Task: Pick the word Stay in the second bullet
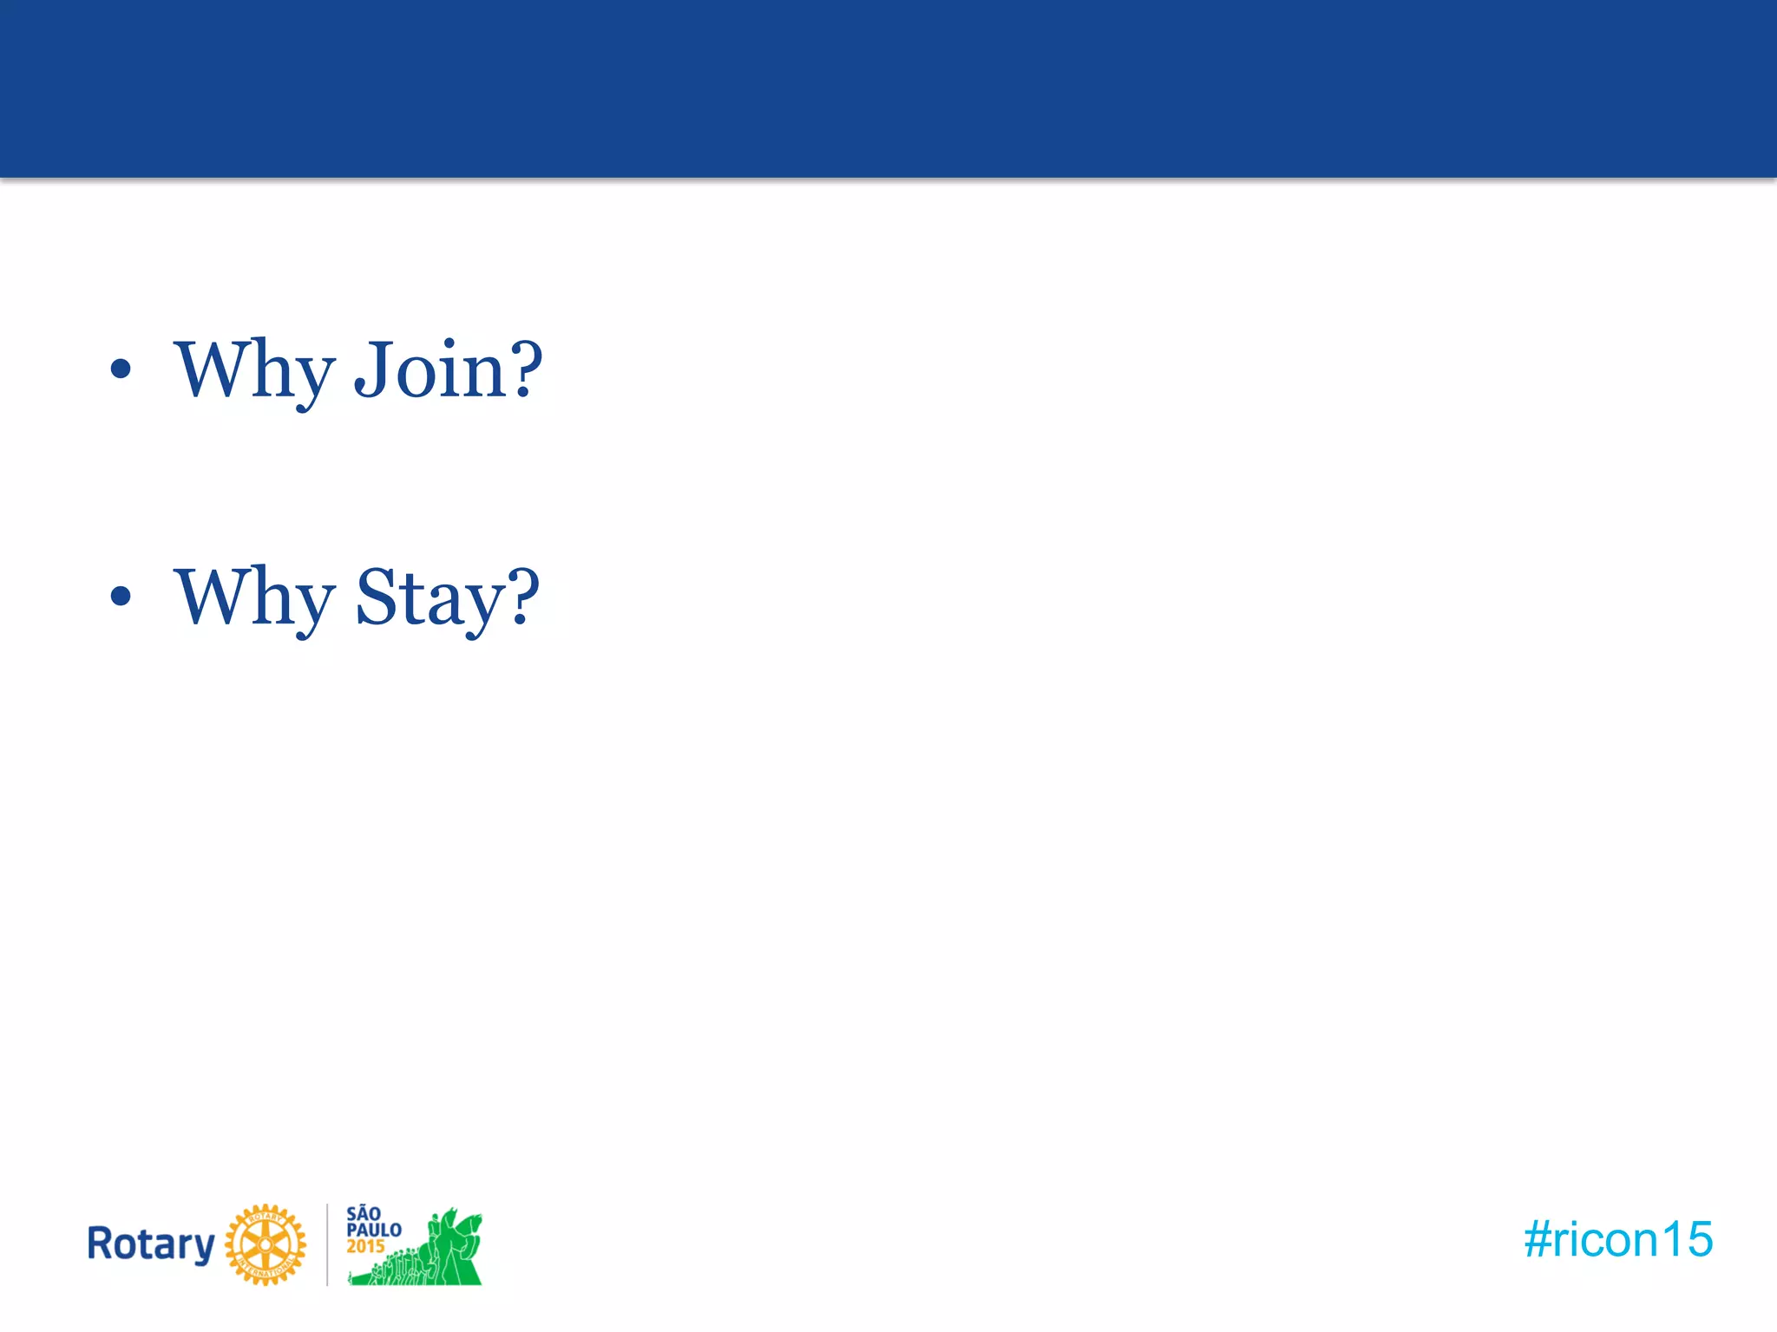pos(429,598)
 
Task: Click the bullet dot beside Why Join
pos(121,369)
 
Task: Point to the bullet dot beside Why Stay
pos(121,596)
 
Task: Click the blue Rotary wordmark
pos(151,1244)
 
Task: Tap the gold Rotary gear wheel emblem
pos(266,1244)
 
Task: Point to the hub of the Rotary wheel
pos(266,1245)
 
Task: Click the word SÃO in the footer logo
pos(364,1214)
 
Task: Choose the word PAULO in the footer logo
pos(374,1231)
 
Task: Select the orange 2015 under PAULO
pos(365,1247)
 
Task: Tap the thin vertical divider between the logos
pos(327,1244)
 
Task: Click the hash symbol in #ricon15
pos(1537,1239)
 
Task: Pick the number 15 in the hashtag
pos(1688,1239)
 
